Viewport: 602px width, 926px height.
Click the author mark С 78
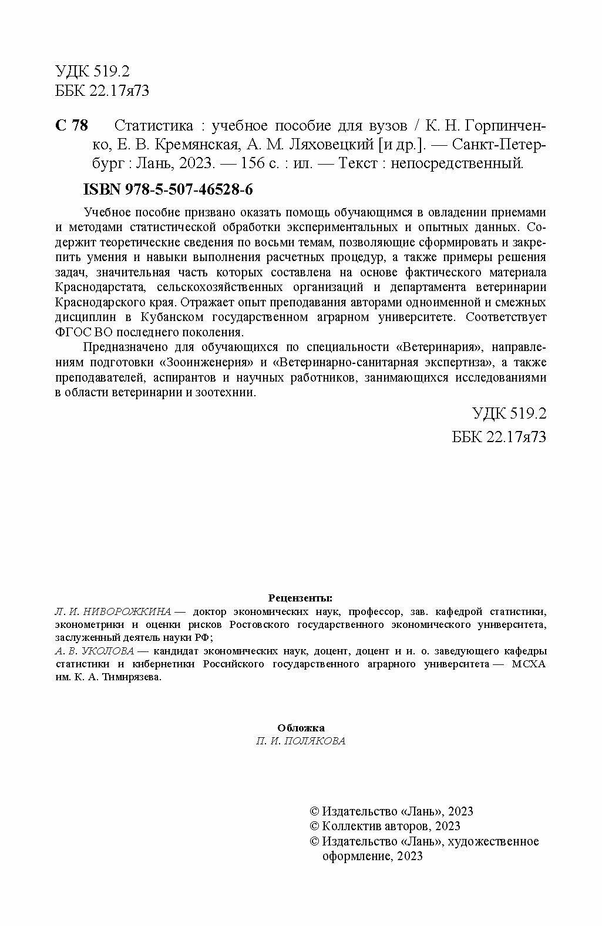[x=71, y=126]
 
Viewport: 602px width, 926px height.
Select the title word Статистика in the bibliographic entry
[x=154, y=126]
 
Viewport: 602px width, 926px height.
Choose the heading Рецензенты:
[x=300, y=598]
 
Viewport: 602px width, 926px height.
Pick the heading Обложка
[x=301, y=728]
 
